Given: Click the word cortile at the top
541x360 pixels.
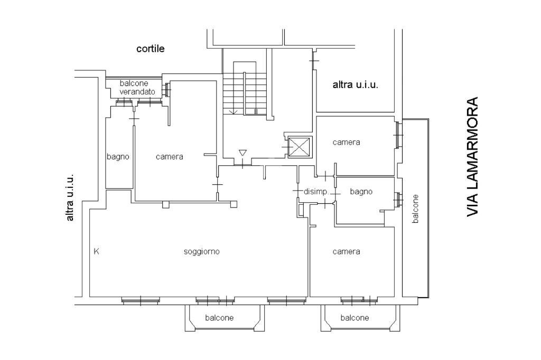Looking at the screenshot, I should pos(151,49).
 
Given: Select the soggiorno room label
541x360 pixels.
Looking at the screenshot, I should pos(201,251).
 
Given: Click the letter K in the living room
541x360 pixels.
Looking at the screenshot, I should pos(96,251).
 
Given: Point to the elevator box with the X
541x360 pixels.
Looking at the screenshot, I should pos(300,146).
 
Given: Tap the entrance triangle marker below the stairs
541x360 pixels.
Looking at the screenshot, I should pos(242,153).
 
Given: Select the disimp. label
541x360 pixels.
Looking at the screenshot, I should pos(316,191).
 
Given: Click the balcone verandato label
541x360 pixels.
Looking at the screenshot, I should pos(137,88).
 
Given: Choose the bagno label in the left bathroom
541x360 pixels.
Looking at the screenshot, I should pos(118,157).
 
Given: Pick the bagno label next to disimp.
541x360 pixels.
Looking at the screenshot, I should pos(361,191).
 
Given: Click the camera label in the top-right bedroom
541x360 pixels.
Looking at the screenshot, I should pos(346,142).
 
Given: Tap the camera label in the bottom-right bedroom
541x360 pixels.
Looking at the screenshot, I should pos(346,251).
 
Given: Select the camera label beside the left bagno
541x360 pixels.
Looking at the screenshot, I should pos(169,157).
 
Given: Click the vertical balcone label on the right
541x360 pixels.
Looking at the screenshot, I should pos(415,209).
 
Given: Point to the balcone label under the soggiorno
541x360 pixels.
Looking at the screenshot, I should pos(219,318).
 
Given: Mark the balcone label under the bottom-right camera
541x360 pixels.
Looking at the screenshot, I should pos(355,318).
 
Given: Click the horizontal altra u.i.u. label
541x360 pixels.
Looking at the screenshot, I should pos(355,84).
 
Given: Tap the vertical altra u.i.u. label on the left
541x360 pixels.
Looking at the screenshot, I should pos(70,197).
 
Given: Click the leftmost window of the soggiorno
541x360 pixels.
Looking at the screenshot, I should pos(140,300).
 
